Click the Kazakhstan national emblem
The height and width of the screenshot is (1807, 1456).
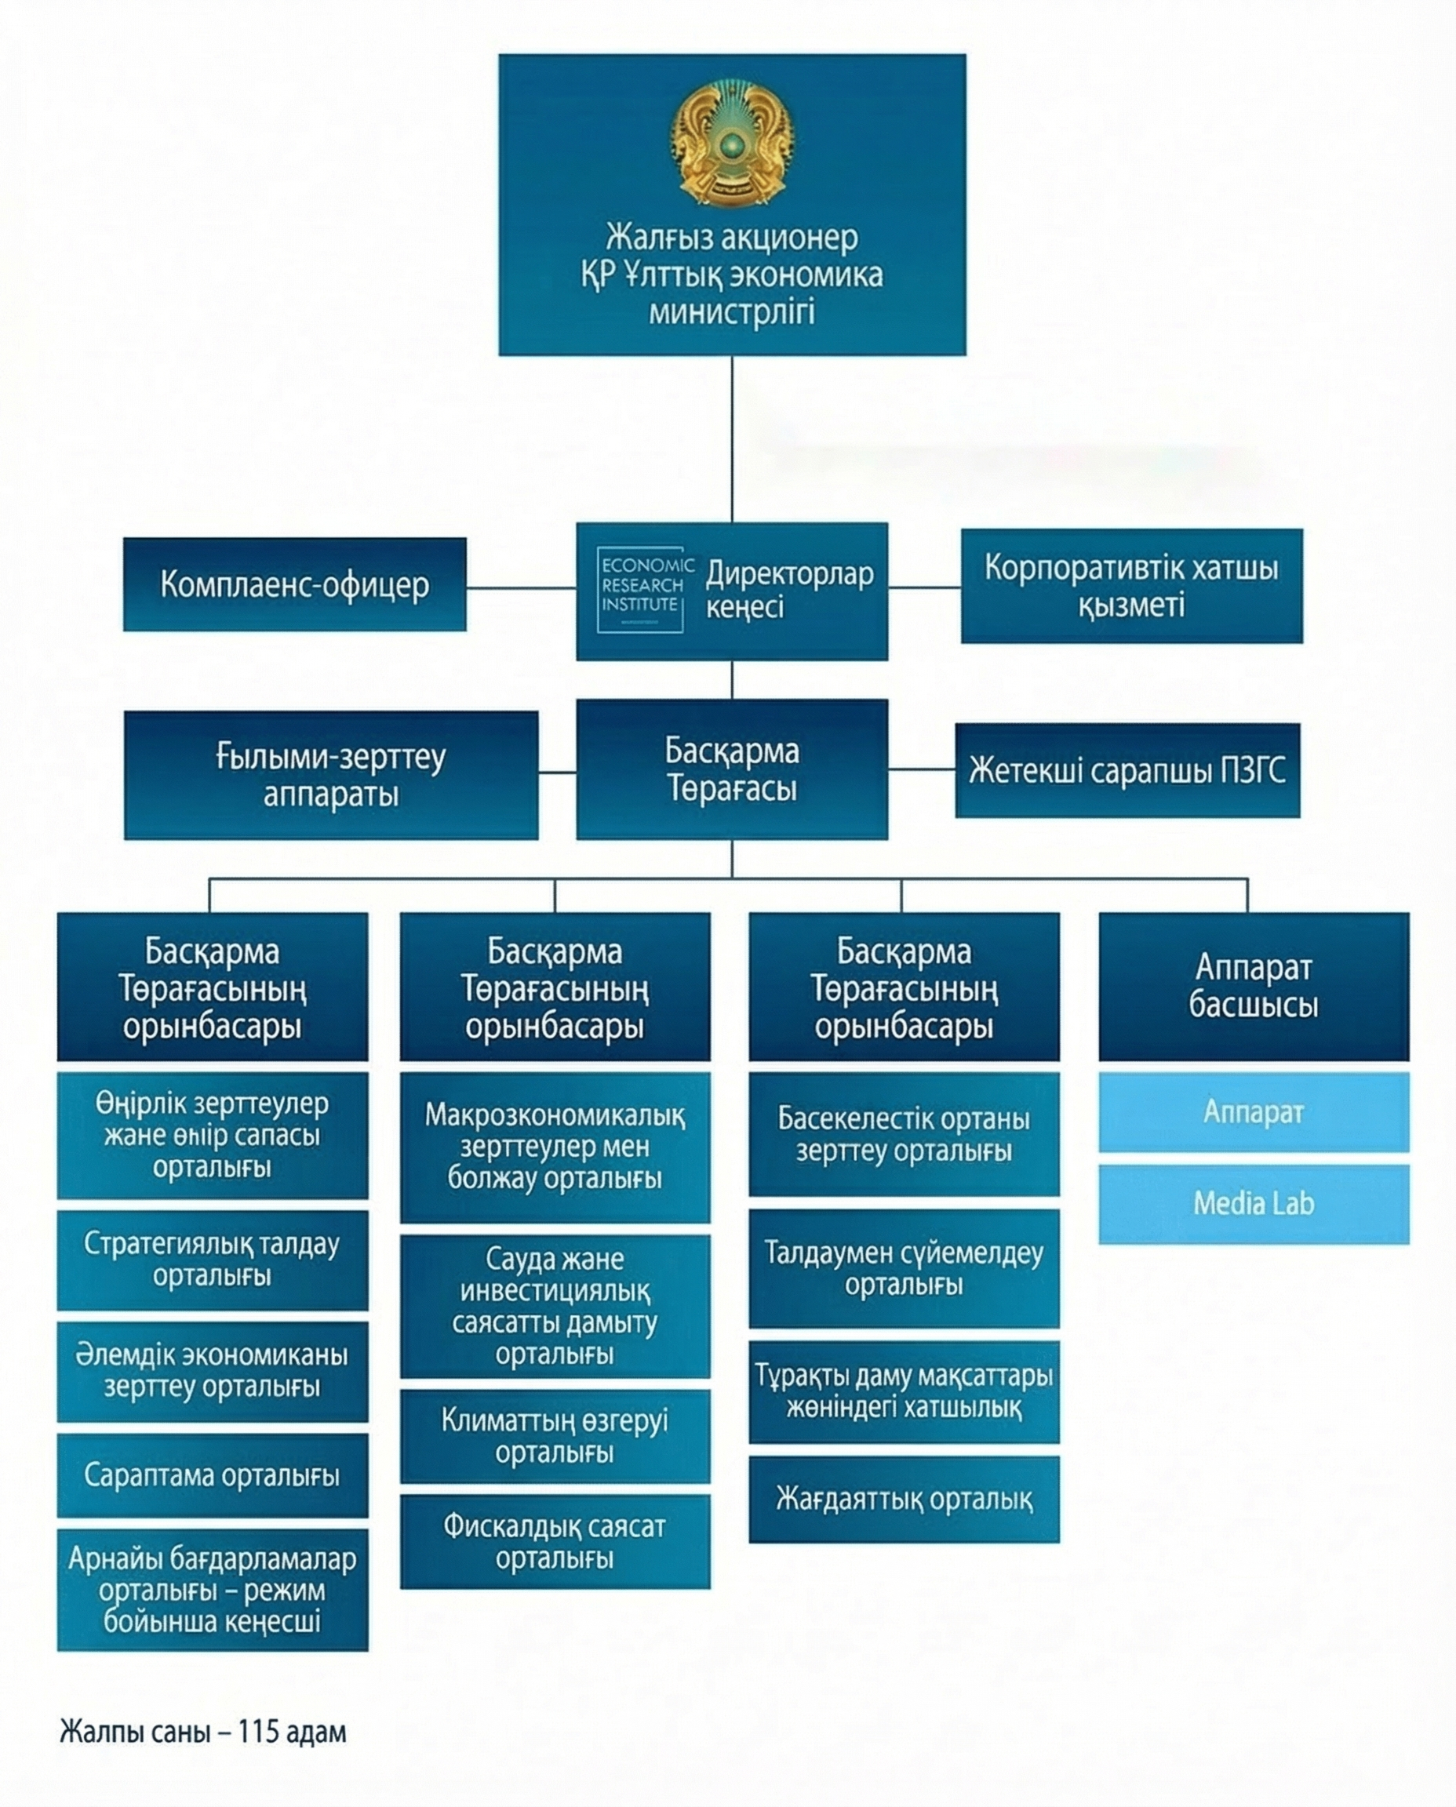point(731,143)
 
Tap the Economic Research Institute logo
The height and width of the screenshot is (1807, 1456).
point(642,589)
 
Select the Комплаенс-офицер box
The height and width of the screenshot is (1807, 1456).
point(294,584)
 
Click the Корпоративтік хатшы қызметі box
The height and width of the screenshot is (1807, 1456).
point(1131,585)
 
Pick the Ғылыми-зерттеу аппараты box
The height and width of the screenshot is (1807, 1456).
point(330,775)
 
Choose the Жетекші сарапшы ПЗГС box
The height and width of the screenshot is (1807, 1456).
point(1127,769)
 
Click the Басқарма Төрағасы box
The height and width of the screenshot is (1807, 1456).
point(731,769)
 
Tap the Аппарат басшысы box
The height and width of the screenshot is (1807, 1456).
point(1253,986)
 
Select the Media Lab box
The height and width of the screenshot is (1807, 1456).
point(1253,1203)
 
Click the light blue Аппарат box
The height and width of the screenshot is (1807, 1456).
point(1253,1112)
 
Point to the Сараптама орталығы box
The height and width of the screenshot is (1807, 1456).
point(212,1475)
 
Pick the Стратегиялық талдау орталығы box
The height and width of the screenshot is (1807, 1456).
point(212,1260)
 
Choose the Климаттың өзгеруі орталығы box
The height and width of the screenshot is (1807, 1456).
point(555,1436)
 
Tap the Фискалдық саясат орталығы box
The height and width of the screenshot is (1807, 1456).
point(555,1541)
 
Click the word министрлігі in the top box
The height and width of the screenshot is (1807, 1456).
point(731,314)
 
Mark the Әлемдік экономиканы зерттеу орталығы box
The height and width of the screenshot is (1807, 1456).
point(212,1371)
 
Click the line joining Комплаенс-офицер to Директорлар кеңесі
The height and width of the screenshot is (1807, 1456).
point(521,587)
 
